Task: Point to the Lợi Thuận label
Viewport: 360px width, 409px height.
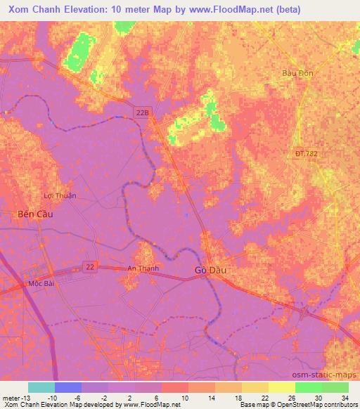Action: point(60,196)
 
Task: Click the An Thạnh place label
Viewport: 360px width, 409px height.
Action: point(143,268)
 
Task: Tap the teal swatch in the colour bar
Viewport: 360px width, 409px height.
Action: point(41,387)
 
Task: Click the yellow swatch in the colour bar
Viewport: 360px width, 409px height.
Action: point(281,387)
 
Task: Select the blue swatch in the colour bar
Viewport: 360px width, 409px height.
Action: point(68,387)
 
